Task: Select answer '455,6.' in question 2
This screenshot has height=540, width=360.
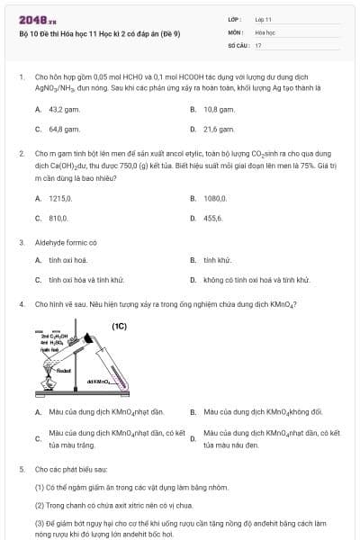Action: pos(213,218)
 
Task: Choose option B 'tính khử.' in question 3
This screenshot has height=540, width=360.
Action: pos(218,261)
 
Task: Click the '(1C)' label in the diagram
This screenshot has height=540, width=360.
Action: pos(119,327)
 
